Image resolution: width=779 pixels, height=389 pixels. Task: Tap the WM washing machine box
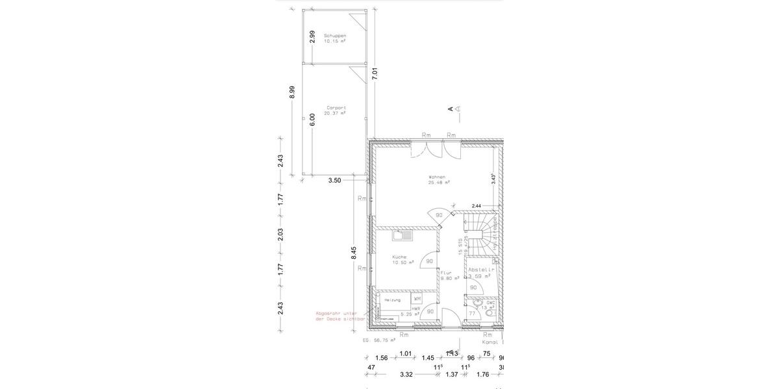click(417, 299)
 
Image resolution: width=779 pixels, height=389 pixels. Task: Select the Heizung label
click(392, 300)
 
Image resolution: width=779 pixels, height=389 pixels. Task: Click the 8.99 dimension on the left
click(292, 91)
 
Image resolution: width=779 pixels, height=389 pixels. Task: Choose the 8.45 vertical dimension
click(354, 253)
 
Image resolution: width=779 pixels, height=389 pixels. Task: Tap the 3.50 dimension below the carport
click(334, 180)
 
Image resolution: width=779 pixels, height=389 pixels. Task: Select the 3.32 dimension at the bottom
click(406, 374)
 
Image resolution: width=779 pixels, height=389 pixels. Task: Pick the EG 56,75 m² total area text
click(379, 340)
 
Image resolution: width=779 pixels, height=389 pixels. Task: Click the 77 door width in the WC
click(472, 313)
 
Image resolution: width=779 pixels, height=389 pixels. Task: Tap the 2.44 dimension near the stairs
click(476, 206)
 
